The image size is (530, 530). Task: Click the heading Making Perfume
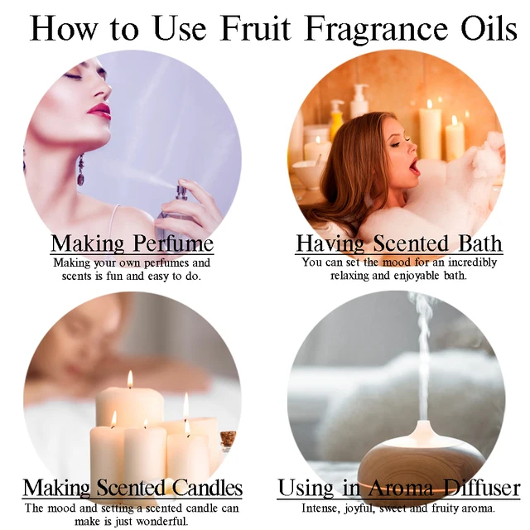click(x=132, y=243)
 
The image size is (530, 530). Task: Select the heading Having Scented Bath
click(x=399, y=243)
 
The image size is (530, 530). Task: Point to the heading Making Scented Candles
click(x=132, y=488)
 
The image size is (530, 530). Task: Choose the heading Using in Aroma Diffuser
click(x=399, y=488)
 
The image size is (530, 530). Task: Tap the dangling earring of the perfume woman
click(x=81, y=170)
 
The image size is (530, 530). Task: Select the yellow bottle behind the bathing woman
click(x=337, y=119)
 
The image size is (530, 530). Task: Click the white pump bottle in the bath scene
click(x=359, y=101)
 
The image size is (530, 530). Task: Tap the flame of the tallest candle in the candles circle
click(x=130, y=379)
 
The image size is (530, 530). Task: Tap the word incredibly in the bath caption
click(x=473, y=263)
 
